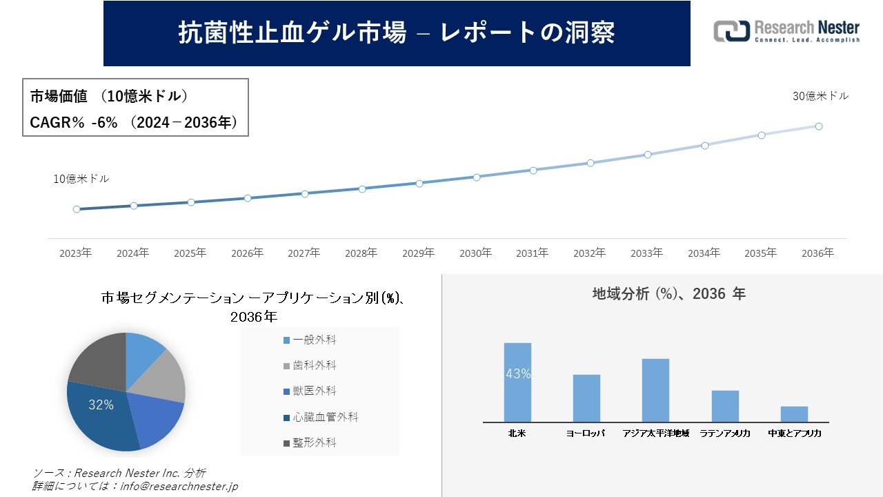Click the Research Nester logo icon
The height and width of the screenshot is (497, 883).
pyautogui.click(x=731, y=31)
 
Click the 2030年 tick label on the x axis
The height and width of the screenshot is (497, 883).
pyautogui.click(x=475, y=253)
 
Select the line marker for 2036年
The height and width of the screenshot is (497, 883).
pyautogui.click(x=818, y=126)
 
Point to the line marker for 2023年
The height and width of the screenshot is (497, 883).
pyautogui.click(x=77, y=209)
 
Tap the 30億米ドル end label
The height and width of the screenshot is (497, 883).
pyautogui.click(x=820, y=97)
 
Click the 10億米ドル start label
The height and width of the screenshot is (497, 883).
pyautogui.click(x=81, y=179)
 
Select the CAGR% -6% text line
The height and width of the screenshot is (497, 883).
pyautogui.click(x=134, y=122)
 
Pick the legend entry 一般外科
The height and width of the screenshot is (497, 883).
pyautogui.click(x=314, y=340)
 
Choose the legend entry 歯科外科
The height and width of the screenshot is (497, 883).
pyautogui.click(x=314, y=366)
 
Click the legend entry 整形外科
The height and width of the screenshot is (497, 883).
pyautogui.click(x=314, y=442)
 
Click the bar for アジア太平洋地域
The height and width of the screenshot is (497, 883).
pyautogui.click(x=655, y=390)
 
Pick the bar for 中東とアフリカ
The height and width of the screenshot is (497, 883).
pyautogui.click(x=794, y=414)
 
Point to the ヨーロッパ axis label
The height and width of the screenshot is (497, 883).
pyautogui.click(x=585, y=433)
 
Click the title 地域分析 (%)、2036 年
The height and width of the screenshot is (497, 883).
pyautogui.click(x=668, y=294)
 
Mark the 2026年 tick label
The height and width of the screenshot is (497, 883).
pyautogui.click(x=247, y=253)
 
